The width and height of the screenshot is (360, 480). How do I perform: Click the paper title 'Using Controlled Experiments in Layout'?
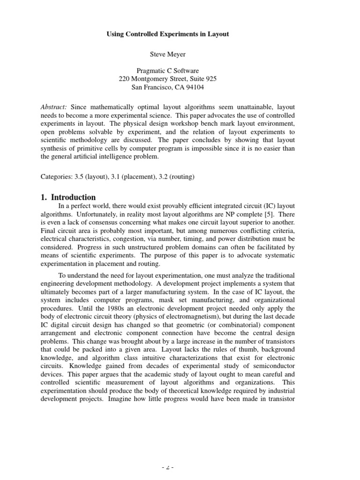tap(168, 35)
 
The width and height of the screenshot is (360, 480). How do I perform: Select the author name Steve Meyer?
tap(168, 55)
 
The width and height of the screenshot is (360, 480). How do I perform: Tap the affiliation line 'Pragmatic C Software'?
tap(168, 71)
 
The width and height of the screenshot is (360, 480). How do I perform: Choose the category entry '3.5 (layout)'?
tap(91, 177)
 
